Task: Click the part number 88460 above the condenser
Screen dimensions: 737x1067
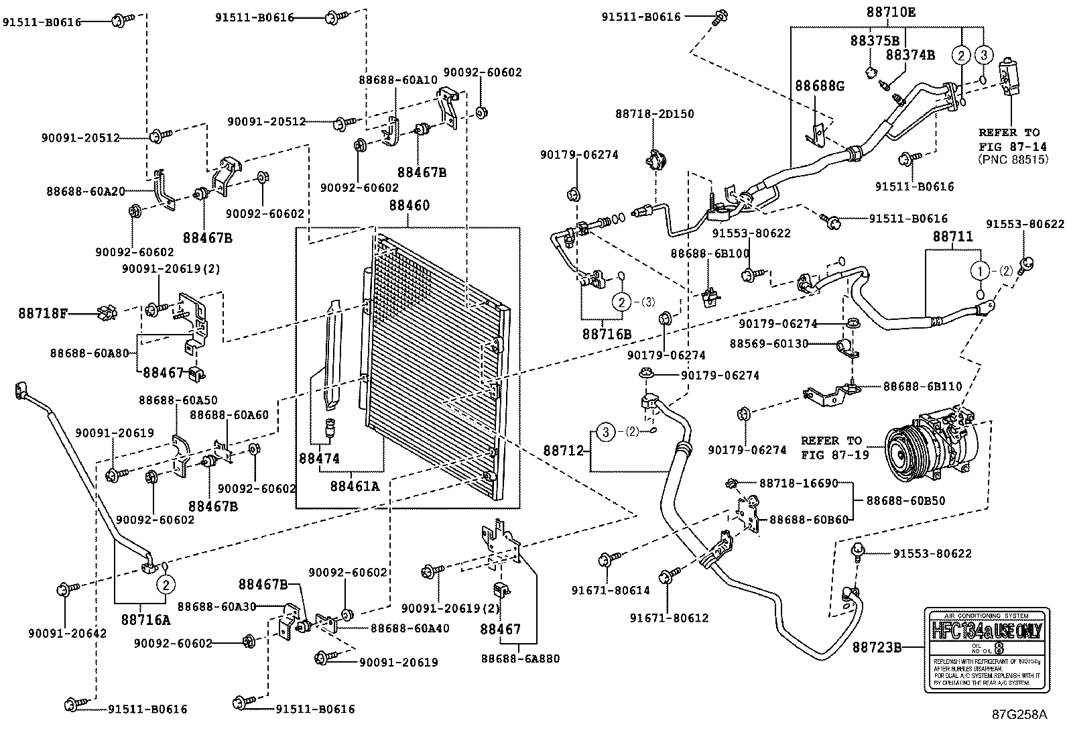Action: [407, 205]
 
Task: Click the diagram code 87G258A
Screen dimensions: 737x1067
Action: [1019, 714]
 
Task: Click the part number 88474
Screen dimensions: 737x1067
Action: [319, 459]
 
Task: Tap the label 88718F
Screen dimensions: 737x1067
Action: [43, 313]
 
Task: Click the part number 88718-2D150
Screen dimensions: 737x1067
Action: [654, 114]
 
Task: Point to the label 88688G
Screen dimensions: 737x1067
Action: [820, 86]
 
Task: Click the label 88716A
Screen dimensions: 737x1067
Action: [145, 620]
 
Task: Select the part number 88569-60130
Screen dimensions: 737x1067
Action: [768, 344]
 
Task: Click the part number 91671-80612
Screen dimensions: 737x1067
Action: [669, 618]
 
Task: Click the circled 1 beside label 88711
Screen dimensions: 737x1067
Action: [980, 271]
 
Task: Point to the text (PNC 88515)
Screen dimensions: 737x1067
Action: [1012, 160]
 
